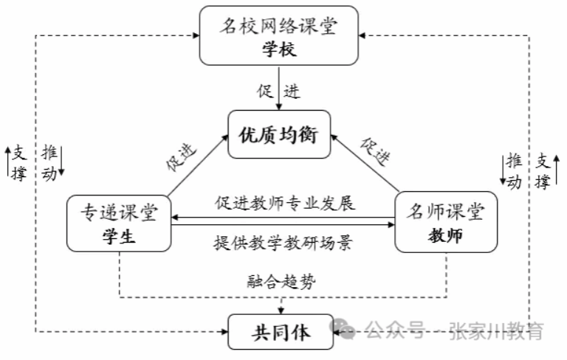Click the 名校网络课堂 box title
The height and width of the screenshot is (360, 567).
[x=278, y=27]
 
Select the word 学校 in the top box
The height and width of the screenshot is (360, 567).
[x=278, y=49]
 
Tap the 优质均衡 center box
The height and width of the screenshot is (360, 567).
[x=278, y=135]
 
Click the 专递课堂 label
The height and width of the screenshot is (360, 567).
[x=119, y=212]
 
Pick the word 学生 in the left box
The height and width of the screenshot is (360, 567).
[x=119, y=238]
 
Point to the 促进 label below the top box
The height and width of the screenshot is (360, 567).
[x=278, y=92]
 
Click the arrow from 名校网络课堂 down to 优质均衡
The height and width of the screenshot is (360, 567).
[x=278, y=89]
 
